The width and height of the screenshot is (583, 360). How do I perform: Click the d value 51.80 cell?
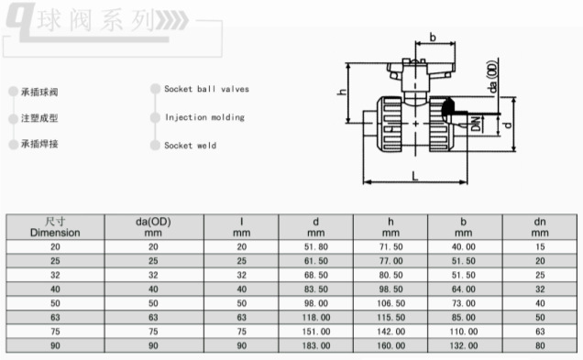pyautogui.click(x=315, y=247)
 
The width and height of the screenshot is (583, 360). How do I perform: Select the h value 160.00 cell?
pyautogui.click(x=390, y=346)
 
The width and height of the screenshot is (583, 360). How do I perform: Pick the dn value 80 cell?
pyautogui.click(x=540, y=346)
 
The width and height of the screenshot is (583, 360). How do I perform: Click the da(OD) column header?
pyautogui.click(x=154, y=227)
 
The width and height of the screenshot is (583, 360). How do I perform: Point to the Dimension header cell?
pyautogui.click(x=55, y=227)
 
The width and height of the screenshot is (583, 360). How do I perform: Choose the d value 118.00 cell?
pyautogui.click(x=315, y=318)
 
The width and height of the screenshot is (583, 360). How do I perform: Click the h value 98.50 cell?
pyautogui.click(x=390, y=289)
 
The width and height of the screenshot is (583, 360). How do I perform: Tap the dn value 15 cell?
pyautogui.click(x=540, y=247)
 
